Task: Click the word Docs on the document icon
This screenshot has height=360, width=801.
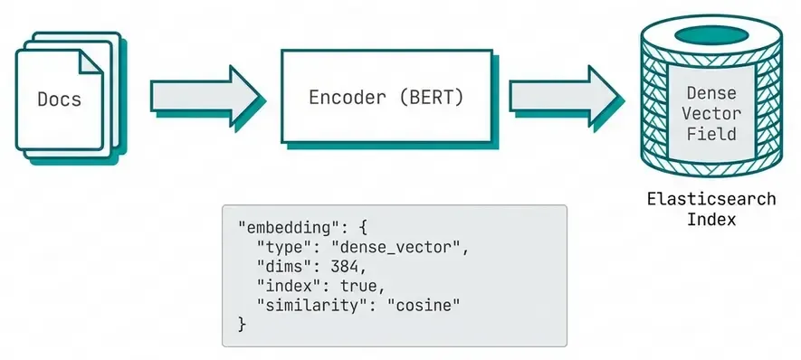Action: (59, 99)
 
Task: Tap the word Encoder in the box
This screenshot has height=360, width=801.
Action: (348, 98)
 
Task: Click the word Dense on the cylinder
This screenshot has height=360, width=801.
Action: (710, 93)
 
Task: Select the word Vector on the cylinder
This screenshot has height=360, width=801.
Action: (710, 113)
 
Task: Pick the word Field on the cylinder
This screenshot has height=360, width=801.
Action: (710, 134)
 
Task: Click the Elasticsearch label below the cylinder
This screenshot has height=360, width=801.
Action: (710, 199)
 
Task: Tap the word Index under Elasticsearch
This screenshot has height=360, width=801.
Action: (710, 220)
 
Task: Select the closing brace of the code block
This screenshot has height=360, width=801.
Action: (242, 324)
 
